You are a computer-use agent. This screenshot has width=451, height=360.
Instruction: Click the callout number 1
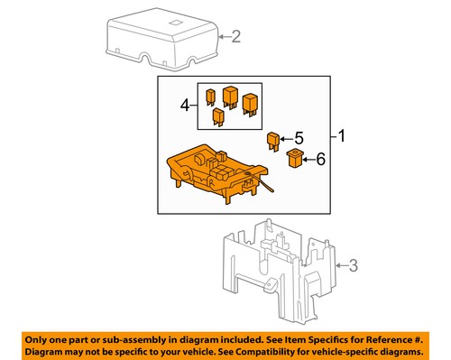(342, 137)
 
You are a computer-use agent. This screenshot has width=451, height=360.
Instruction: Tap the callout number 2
(236, 37)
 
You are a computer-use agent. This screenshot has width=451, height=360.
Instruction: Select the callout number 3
(354, 266)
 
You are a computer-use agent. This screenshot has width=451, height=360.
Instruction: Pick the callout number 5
(299, 139)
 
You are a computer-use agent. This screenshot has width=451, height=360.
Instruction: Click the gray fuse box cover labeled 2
(162, 41)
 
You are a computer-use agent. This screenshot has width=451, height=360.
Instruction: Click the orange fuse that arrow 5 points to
(273, 140)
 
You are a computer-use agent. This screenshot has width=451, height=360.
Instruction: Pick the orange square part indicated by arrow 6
(294, 160)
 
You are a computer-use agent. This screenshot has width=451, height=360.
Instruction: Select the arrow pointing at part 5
(285, 140)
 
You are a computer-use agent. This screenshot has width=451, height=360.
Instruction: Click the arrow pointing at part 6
(308, 160)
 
